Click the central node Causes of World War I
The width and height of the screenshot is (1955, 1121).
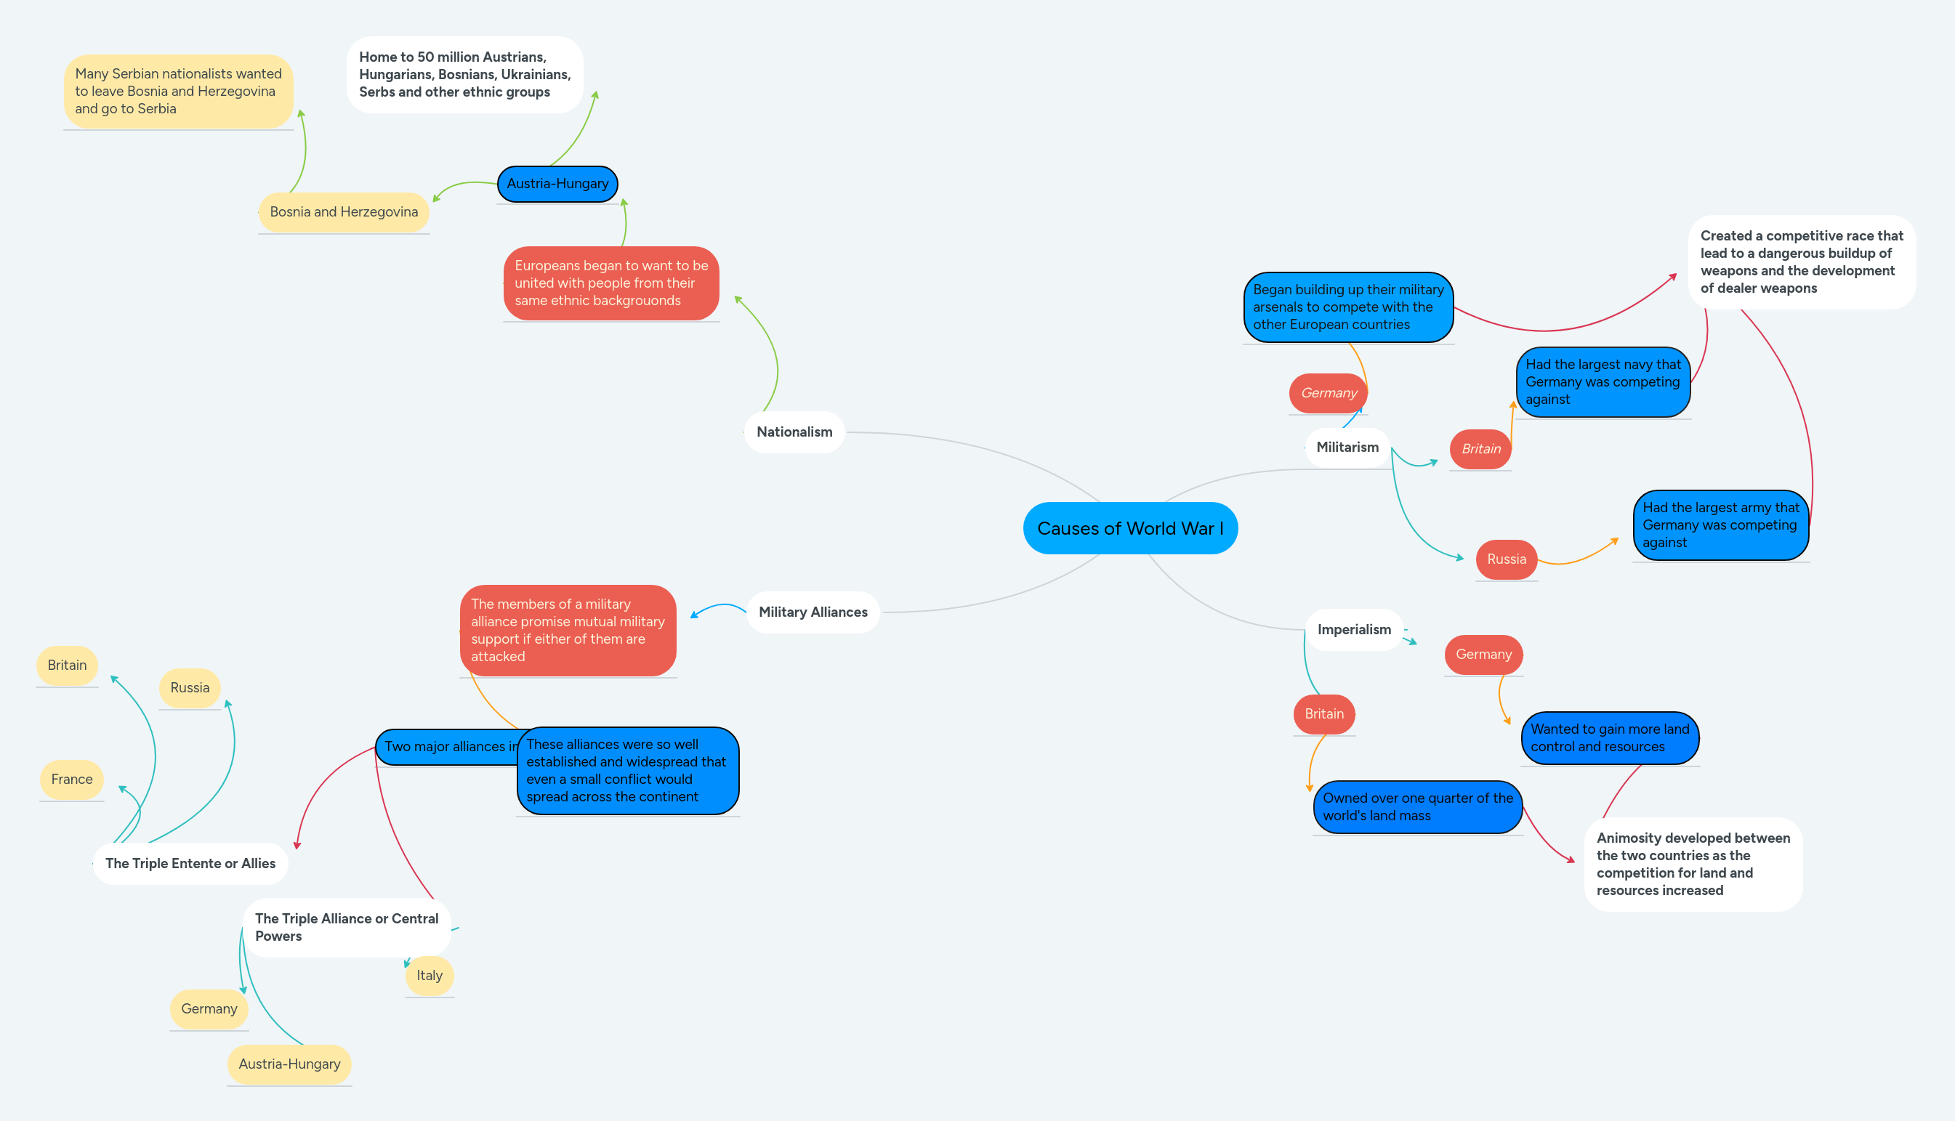[1129, 528]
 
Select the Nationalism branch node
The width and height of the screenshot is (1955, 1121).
[794, 432]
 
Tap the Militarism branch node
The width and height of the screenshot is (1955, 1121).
[1347, 448]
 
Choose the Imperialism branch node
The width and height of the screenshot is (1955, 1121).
[1354, 630]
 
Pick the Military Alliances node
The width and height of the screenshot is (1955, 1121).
[813, 612]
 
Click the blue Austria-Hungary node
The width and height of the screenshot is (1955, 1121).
[557, 184]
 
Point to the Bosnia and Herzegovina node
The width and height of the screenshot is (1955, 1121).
[344, 211]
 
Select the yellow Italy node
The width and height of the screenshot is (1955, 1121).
[429, 976]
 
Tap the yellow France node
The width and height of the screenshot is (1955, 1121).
[72, 779]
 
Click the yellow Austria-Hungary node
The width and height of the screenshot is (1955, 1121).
[289, 1064]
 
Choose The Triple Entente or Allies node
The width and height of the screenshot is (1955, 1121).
[190, 863]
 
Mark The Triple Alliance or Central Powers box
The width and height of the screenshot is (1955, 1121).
[347, 927]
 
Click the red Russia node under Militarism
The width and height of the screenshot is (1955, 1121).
[1506, 559]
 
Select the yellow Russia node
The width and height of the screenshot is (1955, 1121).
[190, 687]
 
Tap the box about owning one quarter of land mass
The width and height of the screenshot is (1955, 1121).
[1416, 807]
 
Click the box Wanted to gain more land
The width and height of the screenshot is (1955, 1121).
[1609, 737]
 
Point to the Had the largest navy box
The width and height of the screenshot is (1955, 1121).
[1603, 382]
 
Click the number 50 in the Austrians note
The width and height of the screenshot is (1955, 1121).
[425, 57]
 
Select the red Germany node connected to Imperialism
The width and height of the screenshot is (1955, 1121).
[1483, 655]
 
